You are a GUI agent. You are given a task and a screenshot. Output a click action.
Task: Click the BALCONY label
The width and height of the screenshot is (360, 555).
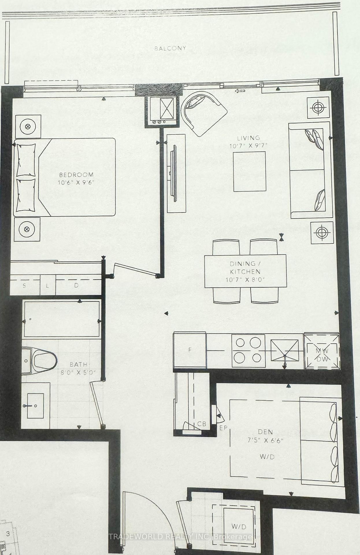[170, 48]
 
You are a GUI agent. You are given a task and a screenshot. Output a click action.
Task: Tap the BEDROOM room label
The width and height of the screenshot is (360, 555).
[76, 175]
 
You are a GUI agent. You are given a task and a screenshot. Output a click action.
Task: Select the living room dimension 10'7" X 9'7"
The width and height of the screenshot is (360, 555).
[248, 146]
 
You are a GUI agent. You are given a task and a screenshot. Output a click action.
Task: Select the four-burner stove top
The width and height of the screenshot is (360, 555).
[248, 351]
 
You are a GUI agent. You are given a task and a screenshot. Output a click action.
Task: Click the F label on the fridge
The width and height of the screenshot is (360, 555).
[190, 350]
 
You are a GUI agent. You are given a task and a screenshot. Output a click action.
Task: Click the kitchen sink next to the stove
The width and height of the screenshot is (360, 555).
[284, 350]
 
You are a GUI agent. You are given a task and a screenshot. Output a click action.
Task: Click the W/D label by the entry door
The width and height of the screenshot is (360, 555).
[239, 527]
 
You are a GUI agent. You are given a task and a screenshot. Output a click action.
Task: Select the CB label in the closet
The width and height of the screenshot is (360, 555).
[201, 424]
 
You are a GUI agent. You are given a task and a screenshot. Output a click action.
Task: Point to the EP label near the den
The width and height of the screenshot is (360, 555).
[223, 428]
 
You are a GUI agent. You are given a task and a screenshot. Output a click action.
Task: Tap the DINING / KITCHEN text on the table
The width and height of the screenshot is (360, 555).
[245, 267]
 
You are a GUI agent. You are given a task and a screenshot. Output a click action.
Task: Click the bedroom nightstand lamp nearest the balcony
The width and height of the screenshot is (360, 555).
[28, 126]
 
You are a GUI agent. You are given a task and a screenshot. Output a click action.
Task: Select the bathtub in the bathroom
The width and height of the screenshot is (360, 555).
[62, 319]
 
